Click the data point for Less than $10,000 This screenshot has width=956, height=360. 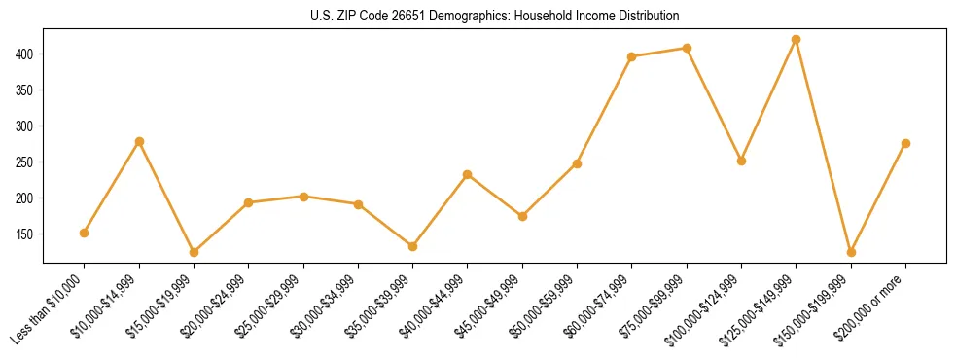point(85,233)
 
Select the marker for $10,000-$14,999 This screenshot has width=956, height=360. point(139,141)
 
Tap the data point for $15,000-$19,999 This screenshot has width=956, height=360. point(194,252)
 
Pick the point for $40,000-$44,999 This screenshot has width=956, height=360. point(468,174)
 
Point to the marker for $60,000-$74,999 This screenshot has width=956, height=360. point(632,56)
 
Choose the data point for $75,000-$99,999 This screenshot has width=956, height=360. point(687,48)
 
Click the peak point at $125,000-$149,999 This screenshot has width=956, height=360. point(797,39)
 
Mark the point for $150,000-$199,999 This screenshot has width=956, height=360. point(851,252)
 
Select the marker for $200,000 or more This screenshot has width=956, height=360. point(905,143)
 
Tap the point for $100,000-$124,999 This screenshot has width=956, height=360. point(741,161)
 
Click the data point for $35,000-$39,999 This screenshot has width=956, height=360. point(412,246)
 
